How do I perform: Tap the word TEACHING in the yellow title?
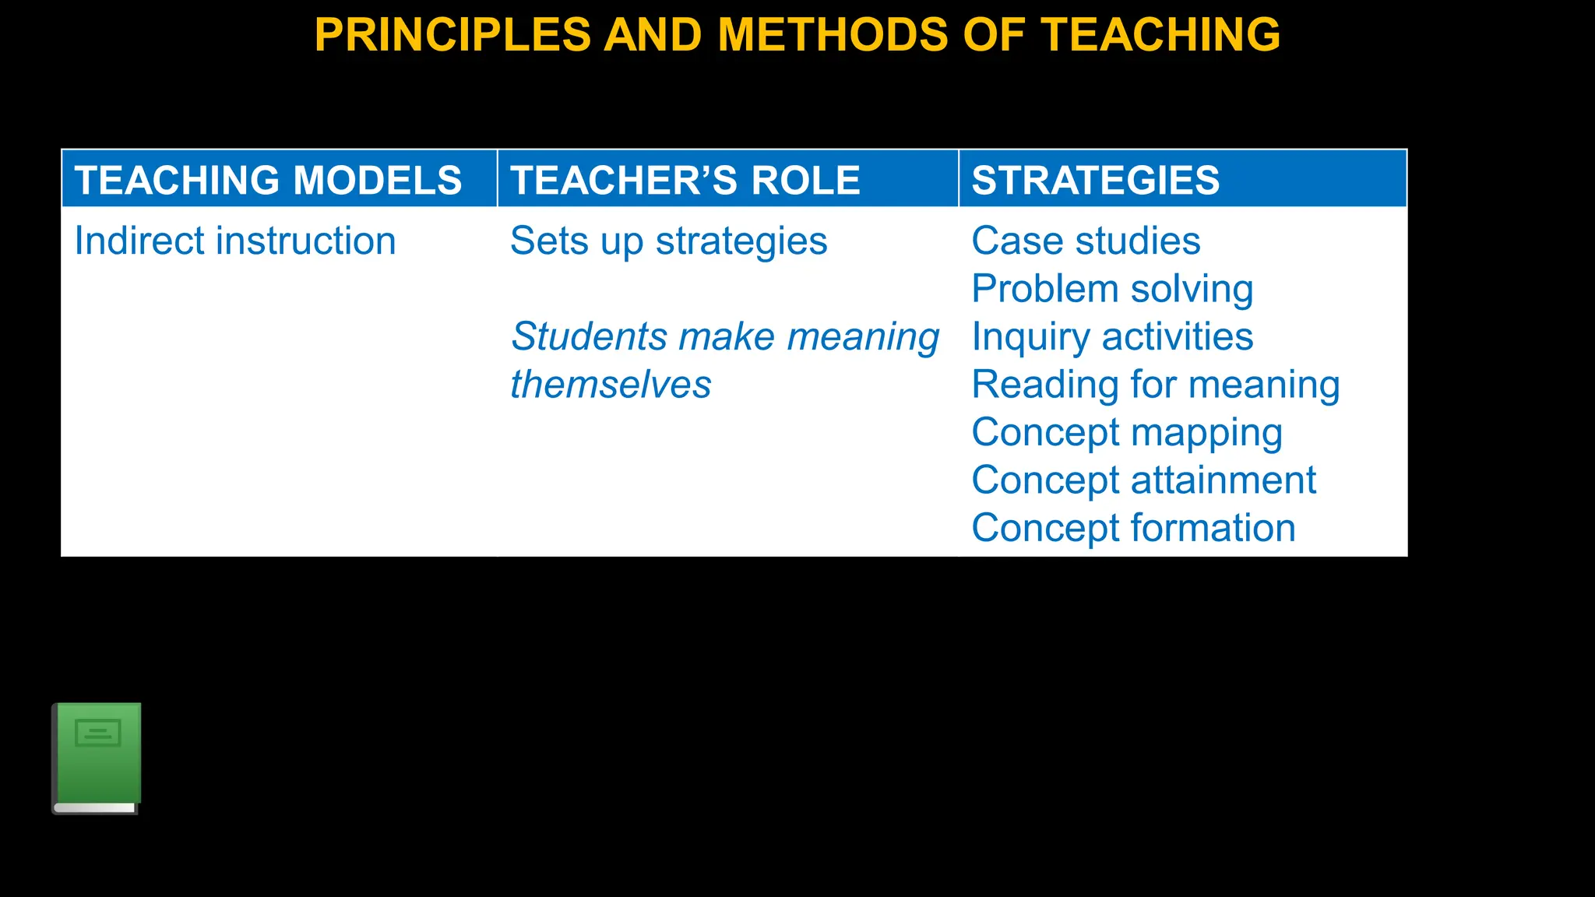pos(1160,35)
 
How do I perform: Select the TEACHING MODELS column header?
pos(268,180)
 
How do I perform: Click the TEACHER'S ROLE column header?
pos(685,180)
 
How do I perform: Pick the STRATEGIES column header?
pos(1095,180)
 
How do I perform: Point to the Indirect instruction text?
pos(235,241)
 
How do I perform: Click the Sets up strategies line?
pos(668,241)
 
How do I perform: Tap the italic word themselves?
pos(611,385)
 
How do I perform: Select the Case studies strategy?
pos(1086,241)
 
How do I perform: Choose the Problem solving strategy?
pos(1112,289)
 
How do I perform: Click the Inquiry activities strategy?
pos(1112,337)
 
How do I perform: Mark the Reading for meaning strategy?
pos(1156,385)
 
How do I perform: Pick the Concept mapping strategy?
pos(1126,433)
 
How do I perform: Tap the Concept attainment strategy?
pos(1143,480)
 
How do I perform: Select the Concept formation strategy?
pos(1133,528)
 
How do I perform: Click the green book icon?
pos(97,758)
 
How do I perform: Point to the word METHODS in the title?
pos(833,35)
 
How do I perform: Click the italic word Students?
pos(589,337)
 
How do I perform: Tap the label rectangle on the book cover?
pos(97,732)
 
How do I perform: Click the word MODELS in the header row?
pos(377,180)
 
